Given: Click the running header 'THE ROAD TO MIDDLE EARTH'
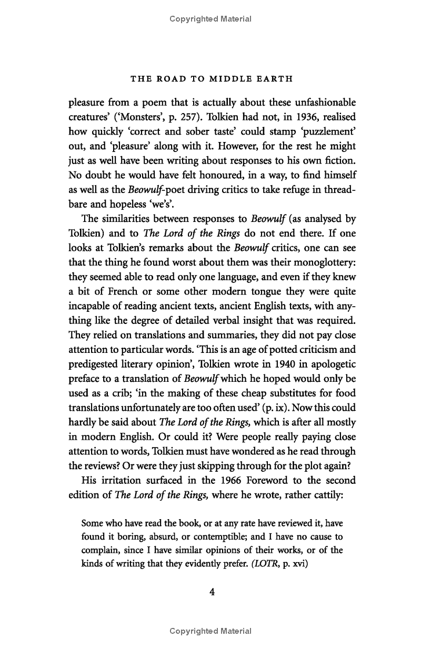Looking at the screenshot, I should [211, 79].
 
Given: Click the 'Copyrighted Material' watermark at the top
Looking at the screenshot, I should [210, 19].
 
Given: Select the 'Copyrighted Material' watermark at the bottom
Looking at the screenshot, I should [210, 631].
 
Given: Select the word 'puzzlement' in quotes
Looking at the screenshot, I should [324, 131].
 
